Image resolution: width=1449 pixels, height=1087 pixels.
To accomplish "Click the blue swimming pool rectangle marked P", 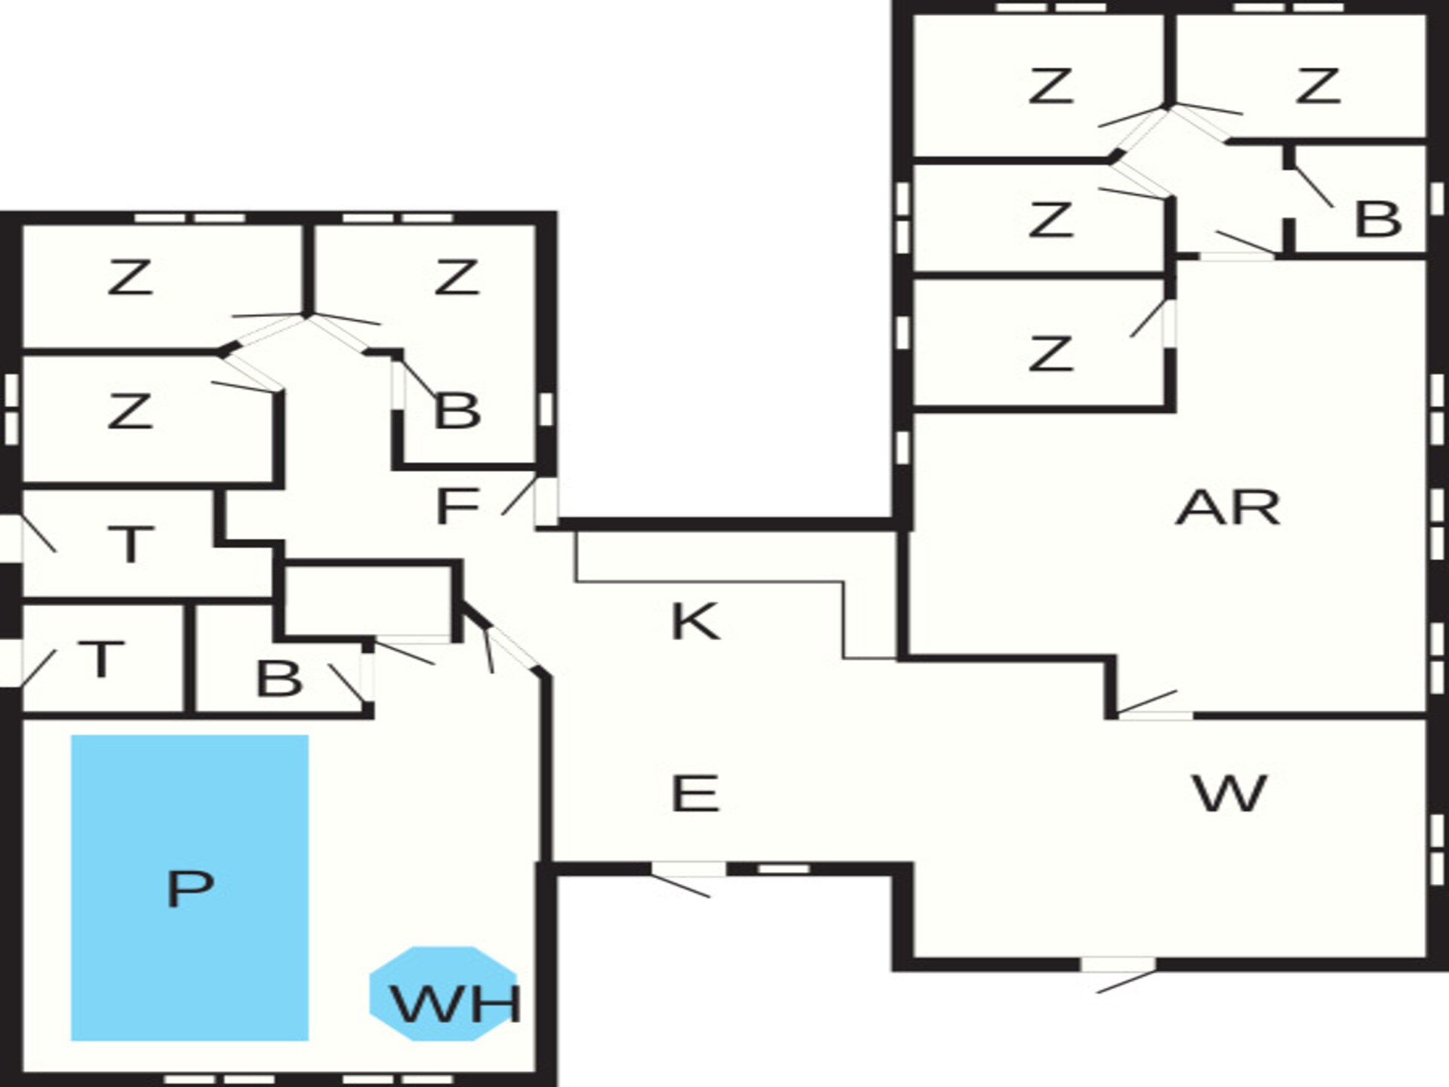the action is tap(189, 888).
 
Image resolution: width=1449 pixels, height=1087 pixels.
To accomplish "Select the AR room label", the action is tap(1228, 508).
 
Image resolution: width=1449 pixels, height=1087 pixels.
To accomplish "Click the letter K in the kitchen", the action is tap(694, 621).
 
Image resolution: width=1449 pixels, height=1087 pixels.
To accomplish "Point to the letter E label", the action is tap(694, 793).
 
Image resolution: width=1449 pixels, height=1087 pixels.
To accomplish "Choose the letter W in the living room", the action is tap(1229, 793).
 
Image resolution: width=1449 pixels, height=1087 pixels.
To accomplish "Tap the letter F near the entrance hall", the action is tap(457, 506).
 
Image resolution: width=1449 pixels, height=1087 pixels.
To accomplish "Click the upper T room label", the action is tap(131, 543).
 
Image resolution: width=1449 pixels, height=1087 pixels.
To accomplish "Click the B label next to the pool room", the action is tap(279, 678).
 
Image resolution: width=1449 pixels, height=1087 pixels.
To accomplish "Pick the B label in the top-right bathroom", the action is tap(1378, 220).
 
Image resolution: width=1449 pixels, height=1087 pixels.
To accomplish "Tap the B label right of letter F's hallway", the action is tap(457, 411).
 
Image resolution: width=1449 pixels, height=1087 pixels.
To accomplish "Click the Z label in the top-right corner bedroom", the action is tap(1318, 85).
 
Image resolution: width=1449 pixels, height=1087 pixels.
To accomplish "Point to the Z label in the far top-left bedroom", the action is tap(131, 277).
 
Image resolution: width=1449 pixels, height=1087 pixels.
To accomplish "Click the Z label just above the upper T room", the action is tap(131, 411).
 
